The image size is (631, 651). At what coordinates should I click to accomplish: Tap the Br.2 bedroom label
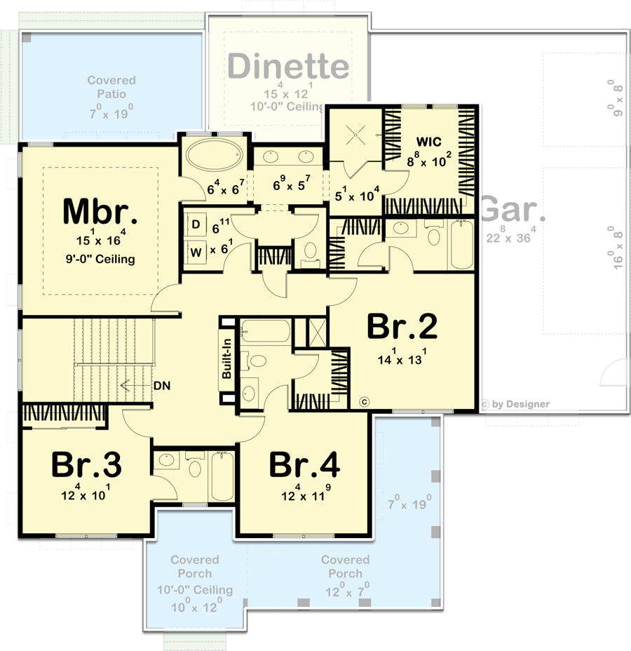pyautogui.click(x=402, y=327)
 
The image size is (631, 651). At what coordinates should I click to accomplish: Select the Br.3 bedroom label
pyautogui.click(x=86, y=465)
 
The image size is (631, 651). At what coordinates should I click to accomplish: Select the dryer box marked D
pyautogui.click(x=196, y=224)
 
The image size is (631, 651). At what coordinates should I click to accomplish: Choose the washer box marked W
pyautogui.click(x=196, y=249)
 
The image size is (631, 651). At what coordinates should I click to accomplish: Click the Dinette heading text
pyautogui.click(x=288, y=67)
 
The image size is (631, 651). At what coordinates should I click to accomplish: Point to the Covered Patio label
pyautogui.click(x=111, y=87)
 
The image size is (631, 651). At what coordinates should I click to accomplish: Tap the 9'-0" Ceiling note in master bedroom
pyautogui.click(x=97, y=260)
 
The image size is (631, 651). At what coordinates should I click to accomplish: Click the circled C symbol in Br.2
pyautogui.click(x=363, y=401)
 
